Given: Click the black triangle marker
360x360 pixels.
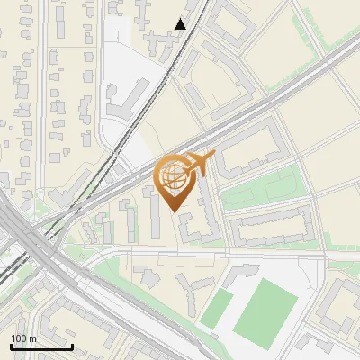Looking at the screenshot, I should tap(181, 24).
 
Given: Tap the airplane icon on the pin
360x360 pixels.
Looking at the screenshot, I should tap(201, 163).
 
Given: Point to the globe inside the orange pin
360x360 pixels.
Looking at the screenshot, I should tap(173, 174).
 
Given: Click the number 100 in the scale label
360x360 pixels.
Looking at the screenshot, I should tap(19, 338).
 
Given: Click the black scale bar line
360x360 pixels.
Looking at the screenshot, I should tap(41, 346).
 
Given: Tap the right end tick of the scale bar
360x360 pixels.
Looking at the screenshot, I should tap(72, 345).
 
